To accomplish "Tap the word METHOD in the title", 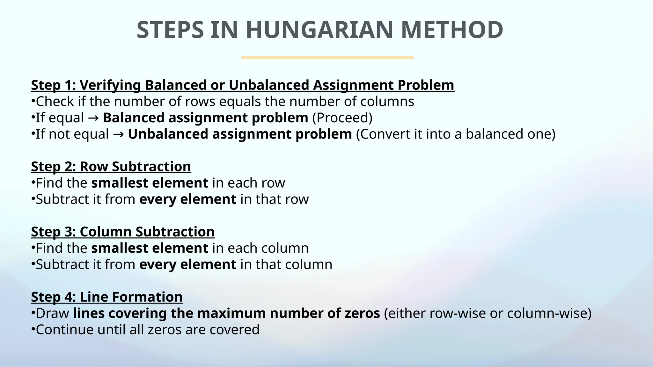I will (x=452, y=30).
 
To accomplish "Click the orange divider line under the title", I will (x=327, y=58).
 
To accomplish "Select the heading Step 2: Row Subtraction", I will (x=111, y=167).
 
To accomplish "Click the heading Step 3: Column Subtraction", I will (x=123, y=232).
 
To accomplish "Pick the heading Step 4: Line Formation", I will (x=107, y=297).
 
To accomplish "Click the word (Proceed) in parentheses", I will (x=342, y=118).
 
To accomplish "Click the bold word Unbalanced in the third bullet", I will (x=168, y=134).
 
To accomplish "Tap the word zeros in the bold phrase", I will (x=362, y=313).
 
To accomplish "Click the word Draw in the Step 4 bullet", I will (x=52, y=313).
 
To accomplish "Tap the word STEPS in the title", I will (x=170, y=30).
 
